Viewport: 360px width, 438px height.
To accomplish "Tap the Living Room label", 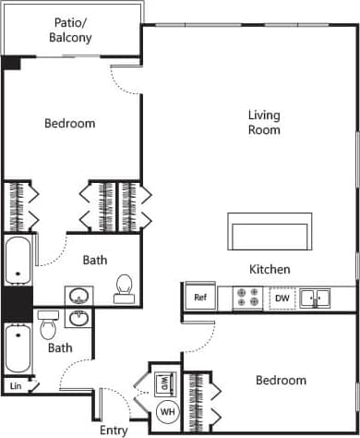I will click(x=264, y=122).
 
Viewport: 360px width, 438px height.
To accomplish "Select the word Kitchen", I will click(x=270, y=270).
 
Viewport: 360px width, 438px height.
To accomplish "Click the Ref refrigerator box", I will click(x=199, y=298).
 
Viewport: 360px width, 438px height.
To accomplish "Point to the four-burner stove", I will click(x=248, y=298).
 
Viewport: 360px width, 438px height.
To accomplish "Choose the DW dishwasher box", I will click(x=282, y=298).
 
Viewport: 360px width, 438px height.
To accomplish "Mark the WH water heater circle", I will click(x=168, y=410).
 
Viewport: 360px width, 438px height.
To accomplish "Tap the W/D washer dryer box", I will click(x=165, y=381).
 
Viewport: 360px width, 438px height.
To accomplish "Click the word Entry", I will click(x=114, y=430).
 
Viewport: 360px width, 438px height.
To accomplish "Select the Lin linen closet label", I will click(x=16, y=385).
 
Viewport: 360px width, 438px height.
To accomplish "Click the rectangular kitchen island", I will click(x=270, y=232).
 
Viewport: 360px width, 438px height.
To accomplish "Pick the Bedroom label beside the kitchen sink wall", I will click(x=281, y=380).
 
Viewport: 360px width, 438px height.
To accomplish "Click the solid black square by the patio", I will click(x=11, y=63).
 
